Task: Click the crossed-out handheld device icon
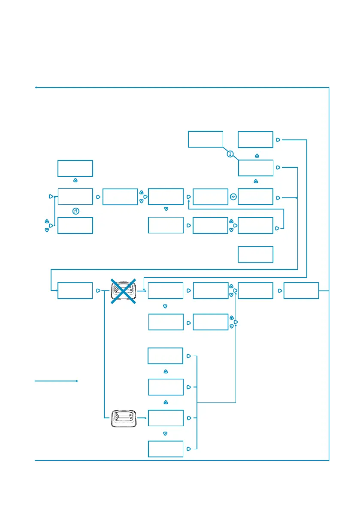(124, 290)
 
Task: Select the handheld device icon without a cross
(124, 418)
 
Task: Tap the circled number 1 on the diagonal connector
(230, 154)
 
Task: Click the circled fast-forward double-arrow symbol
(233, 197)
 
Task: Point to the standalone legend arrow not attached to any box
(56, 381)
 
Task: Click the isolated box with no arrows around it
(255, 254)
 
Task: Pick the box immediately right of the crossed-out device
(165, 290)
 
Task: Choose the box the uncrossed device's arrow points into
(165, 418)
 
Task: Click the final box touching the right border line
(301, 290)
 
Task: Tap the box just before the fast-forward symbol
(210, 197)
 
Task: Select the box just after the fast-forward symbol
(255, 197)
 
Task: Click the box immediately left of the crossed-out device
(75, 290)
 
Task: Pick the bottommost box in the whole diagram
(165, 449)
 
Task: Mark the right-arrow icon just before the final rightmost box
(279, 290)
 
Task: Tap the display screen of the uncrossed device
(124, 417)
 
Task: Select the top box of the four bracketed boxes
(165, 356)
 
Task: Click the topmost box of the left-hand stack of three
(75, 168)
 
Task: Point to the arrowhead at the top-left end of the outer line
(36, 88)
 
